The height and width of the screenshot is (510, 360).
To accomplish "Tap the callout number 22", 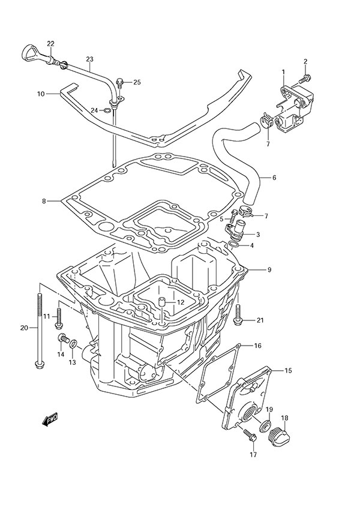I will click(x=50, y=44).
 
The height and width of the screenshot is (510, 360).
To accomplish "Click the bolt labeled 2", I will click(x=307, y=78).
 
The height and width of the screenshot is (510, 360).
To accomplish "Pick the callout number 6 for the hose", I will click(x=274, y=178).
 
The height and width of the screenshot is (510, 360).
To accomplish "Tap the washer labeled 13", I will click(x=73, y=344).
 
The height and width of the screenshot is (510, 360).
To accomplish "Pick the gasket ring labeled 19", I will click(x=263, y=427).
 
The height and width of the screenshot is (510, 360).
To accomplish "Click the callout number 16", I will click(x=257, y=346).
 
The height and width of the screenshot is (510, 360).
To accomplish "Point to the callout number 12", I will click(x=179, y=302).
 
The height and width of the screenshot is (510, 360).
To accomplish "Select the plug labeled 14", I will click(x=62, y=341).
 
